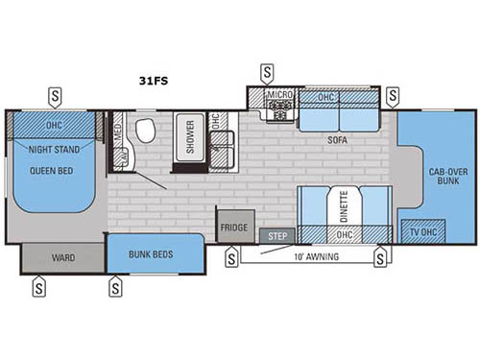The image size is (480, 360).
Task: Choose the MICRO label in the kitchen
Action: tap(278, 96)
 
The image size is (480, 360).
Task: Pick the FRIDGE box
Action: tap(234, 228)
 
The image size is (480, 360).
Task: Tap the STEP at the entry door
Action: tap(276, 234)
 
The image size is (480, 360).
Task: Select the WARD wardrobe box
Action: tap(61, 257)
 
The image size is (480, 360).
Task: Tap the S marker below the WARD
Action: tap(37, 285)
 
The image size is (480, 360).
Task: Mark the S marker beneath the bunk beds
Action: tap(116, 285)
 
